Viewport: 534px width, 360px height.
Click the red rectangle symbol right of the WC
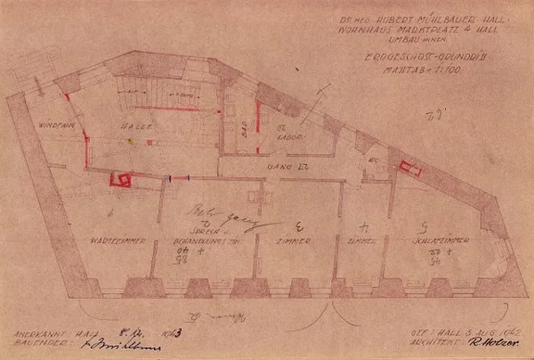(409, 169)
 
